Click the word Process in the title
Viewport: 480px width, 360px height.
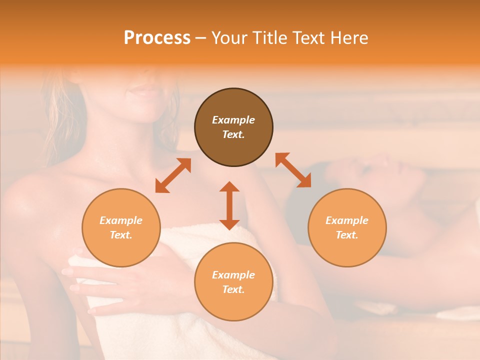[x=157, y=38]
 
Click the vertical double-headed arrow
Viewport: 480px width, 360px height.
[x=229, y=205]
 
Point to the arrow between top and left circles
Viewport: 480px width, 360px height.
[x=173, y=175]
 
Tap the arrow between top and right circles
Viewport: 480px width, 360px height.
[x=293, y=170]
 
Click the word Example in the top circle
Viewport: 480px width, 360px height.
[x=233, y=120]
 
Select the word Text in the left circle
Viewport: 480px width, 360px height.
[x=121, y=235]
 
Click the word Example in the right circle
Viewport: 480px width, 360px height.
[x=347, y=220]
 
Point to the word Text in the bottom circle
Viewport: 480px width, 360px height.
[x=233, y=289]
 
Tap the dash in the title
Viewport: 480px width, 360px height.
[x=200, y=38]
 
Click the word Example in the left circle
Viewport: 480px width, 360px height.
[x=121, y=220]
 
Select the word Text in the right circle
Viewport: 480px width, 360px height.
[x=347, y=235]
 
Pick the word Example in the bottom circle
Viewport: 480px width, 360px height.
[x=233, y=275]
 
